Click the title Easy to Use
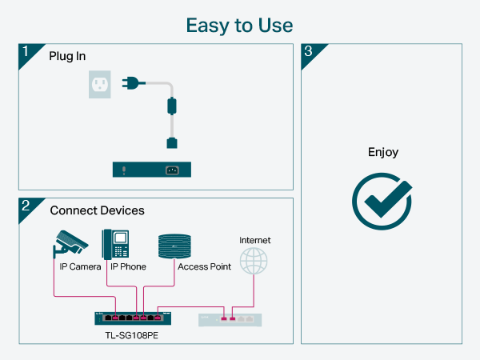pos(239,25)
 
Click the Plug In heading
pos(68,57)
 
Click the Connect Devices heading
pos(97,210)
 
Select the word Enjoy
pos(382,152)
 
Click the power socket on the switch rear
pos(172,170)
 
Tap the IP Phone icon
pos(115,243)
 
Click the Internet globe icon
pos(254,261)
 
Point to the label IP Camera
pos(80,266)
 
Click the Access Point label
pos(204,266)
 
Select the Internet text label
pos(255,240)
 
